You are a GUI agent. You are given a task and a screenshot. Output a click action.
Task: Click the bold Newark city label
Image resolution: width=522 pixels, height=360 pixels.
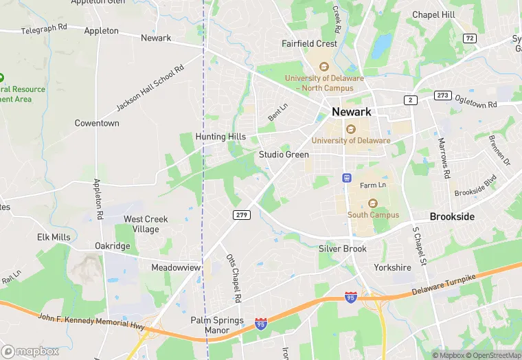351,111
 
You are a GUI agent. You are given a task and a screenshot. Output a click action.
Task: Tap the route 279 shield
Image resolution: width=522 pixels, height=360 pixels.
242,215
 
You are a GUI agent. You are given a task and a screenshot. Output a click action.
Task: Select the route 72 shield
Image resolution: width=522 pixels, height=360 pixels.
469,38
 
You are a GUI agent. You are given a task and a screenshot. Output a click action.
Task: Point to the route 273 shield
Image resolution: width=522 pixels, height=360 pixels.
442,95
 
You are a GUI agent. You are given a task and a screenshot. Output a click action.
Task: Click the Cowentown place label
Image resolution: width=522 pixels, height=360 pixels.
97,124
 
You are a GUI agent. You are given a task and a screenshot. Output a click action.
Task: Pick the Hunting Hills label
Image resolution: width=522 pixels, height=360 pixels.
220,137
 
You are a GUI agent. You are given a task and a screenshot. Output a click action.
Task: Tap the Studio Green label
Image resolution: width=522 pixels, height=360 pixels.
284,155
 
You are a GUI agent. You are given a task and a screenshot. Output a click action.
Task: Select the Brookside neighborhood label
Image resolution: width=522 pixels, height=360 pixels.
452,216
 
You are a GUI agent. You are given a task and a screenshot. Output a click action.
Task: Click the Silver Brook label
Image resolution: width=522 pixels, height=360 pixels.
343,249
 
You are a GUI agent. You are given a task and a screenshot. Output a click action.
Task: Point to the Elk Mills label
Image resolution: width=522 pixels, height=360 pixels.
54,237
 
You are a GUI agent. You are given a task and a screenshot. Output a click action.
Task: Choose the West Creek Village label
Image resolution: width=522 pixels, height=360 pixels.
146,224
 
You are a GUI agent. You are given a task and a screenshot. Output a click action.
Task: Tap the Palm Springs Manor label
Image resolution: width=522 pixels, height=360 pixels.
216,325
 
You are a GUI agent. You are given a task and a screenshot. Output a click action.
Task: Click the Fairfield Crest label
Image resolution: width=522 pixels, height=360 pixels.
310,43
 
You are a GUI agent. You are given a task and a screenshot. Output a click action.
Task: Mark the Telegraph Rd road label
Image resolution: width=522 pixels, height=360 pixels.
44,29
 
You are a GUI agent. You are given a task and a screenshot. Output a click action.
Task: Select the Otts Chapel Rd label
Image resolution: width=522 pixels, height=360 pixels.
234,278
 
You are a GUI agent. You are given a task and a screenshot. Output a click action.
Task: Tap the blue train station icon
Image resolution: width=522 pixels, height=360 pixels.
347,178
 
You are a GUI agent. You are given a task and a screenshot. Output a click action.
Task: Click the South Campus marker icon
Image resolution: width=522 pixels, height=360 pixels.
373,203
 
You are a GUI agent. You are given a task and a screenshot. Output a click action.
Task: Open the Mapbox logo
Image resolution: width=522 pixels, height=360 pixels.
31,351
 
